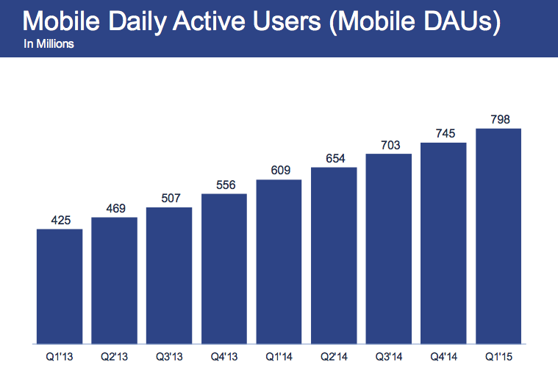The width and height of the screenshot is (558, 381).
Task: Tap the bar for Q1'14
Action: tap(279, 260)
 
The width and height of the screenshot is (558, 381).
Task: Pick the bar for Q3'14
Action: tap(388, 248)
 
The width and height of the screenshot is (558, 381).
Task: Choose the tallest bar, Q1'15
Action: tap(498, 235)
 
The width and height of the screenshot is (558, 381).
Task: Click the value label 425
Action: tap(59, 220)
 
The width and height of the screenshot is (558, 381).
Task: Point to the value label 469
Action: tap(114, 208)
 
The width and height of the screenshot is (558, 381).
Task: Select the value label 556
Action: tap(224, 185)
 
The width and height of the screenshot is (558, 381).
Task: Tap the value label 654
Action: tap(334, 158)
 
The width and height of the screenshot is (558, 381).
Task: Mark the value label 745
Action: tap(444, 133)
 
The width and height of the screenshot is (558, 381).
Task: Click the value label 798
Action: tap(498, 119)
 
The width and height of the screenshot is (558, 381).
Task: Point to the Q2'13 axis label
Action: tap(114, 358)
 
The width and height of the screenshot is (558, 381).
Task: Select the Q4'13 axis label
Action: tap(224, 358)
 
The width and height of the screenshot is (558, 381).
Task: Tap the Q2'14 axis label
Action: tap(334, 358)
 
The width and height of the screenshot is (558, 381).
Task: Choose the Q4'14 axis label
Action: tap(444, 358)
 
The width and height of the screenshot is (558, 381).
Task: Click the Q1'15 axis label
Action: tap(498, 358)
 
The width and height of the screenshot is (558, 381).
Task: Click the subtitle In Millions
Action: tap(49, 45)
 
